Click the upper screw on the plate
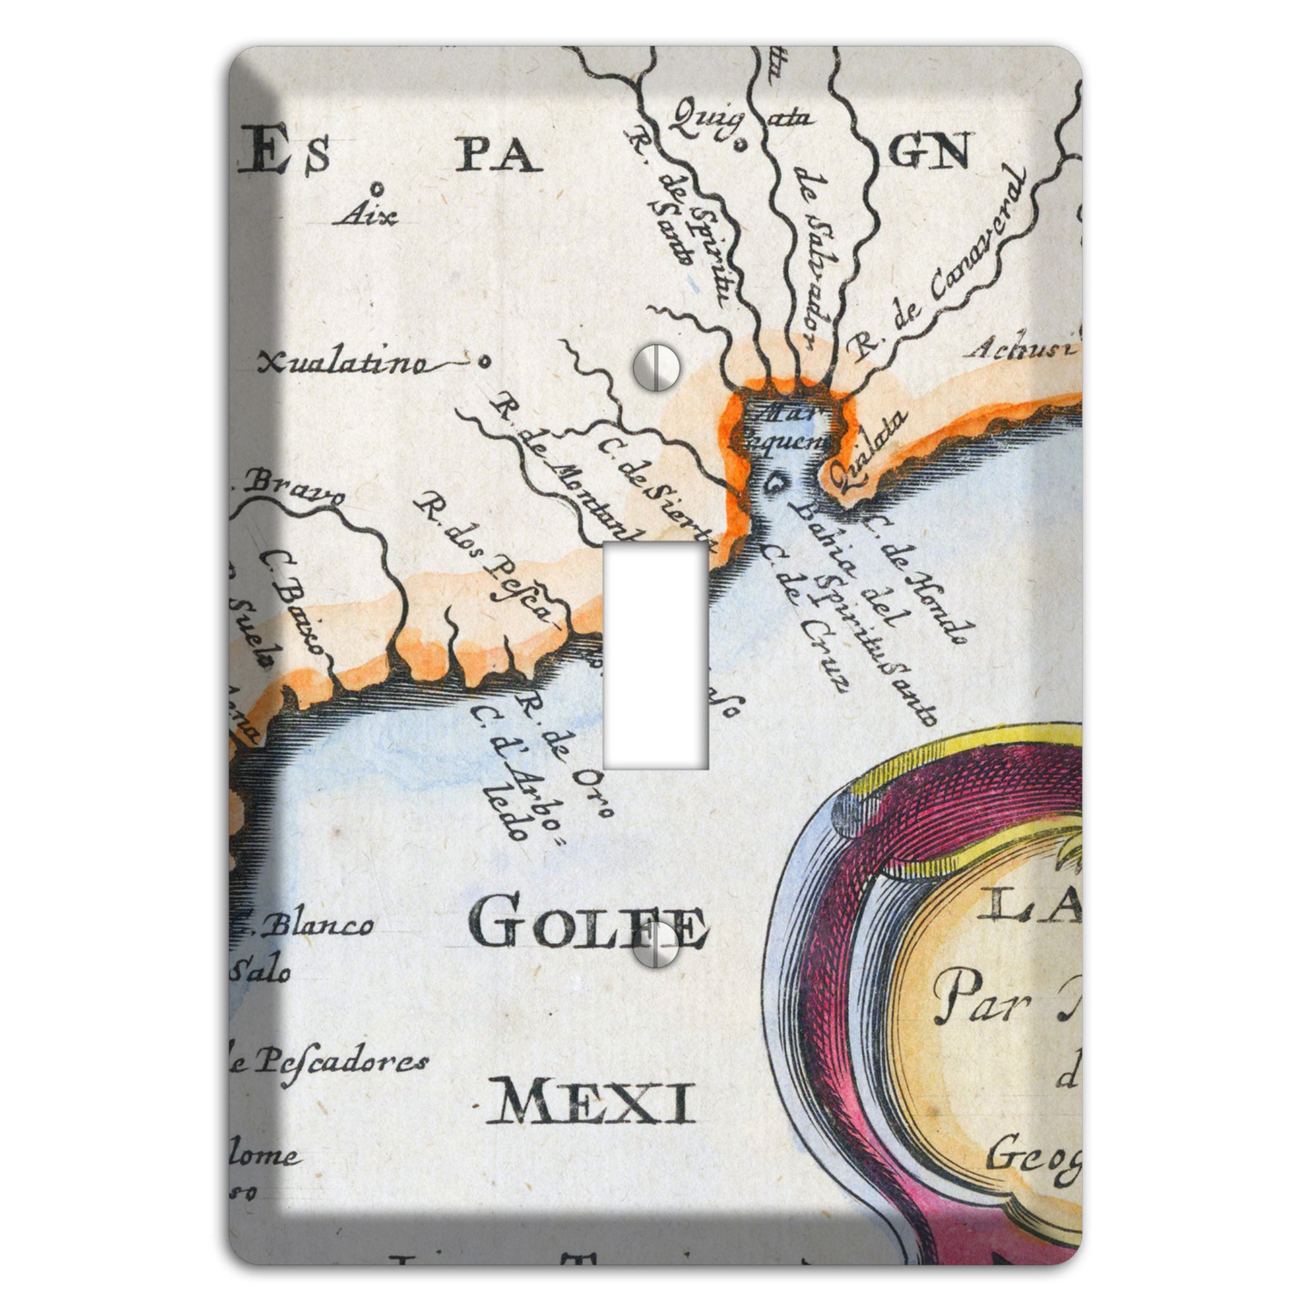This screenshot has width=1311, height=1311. tap(656, 368)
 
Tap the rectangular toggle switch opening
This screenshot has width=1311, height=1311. tap(655, 655)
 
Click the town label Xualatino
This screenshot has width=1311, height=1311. tap(343, 364)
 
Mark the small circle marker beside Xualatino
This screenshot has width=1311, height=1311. tap(483, 362)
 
